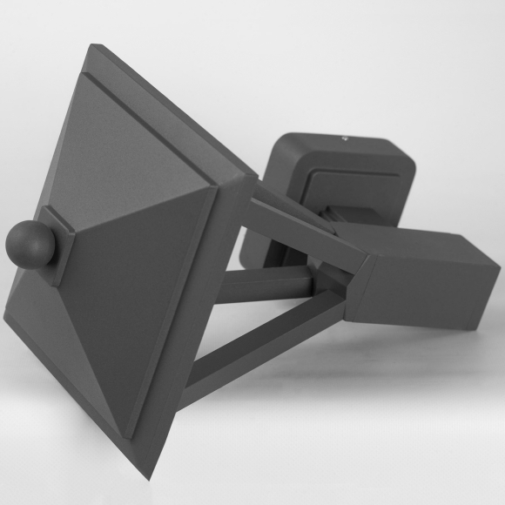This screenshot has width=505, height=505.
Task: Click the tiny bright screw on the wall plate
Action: coord(346,137)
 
